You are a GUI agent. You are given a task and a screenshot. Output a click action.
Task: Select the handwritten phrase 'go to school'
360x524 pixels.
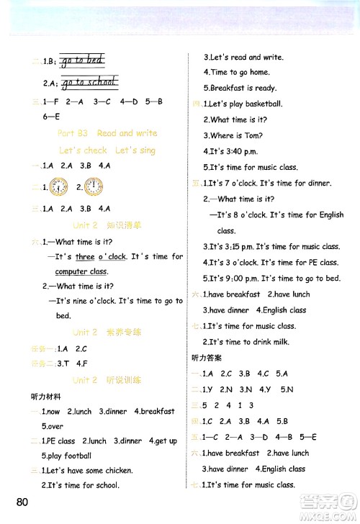89,81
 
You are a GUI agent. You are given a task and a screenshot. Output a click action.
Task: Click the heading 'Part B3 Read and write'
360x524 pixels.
107,133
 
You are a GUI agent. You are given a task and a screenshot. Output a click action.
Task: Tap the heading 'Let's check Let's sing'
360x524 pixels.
107,150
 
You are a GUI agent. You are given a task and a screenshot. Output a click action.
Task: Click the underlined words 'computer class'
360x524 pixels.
81,271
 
